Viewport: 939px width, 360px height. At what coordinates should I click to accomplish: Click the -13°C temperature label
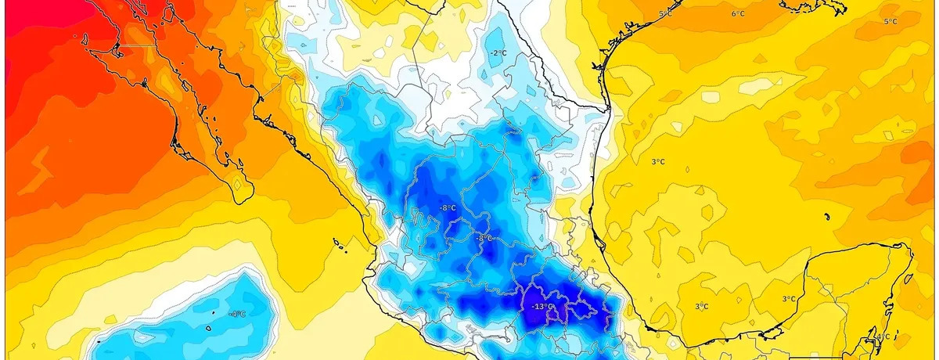click(542, 306)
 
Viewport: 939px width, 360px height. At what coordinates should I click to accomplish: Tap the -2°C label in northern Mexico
click(498, 53)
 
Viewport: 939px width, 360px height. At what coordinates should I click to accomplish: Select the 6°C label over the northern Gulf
click(738, 14)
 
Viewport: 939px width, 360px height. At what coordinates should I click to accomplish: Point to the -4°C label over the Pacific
click(238, 314)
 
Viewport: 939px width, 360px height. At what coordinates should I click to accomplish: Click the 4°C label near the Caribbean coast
click(883, 337)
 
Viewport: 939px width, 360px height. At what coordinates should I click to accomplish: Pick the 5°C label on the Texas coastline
click(666, 15)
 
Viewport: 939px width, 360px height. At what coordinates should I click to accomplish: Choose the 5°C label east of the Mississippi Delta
click(890, 22)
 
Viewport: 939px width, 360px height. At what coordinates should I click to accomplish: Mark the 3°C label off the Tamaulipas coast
click(659, 162)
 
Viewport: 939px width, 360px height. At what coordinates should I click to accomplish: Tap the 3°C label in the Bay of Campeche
click(701, 306)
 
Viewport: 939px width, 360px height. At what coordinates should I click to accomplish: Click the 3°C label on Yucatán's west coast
click(789, 299)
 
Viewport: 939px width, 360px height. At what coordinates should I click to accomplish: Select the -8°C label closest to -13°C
click(484, 237)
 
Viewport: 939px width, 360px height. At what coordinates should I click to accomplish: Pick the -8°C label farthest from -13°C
click(448, 208)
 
